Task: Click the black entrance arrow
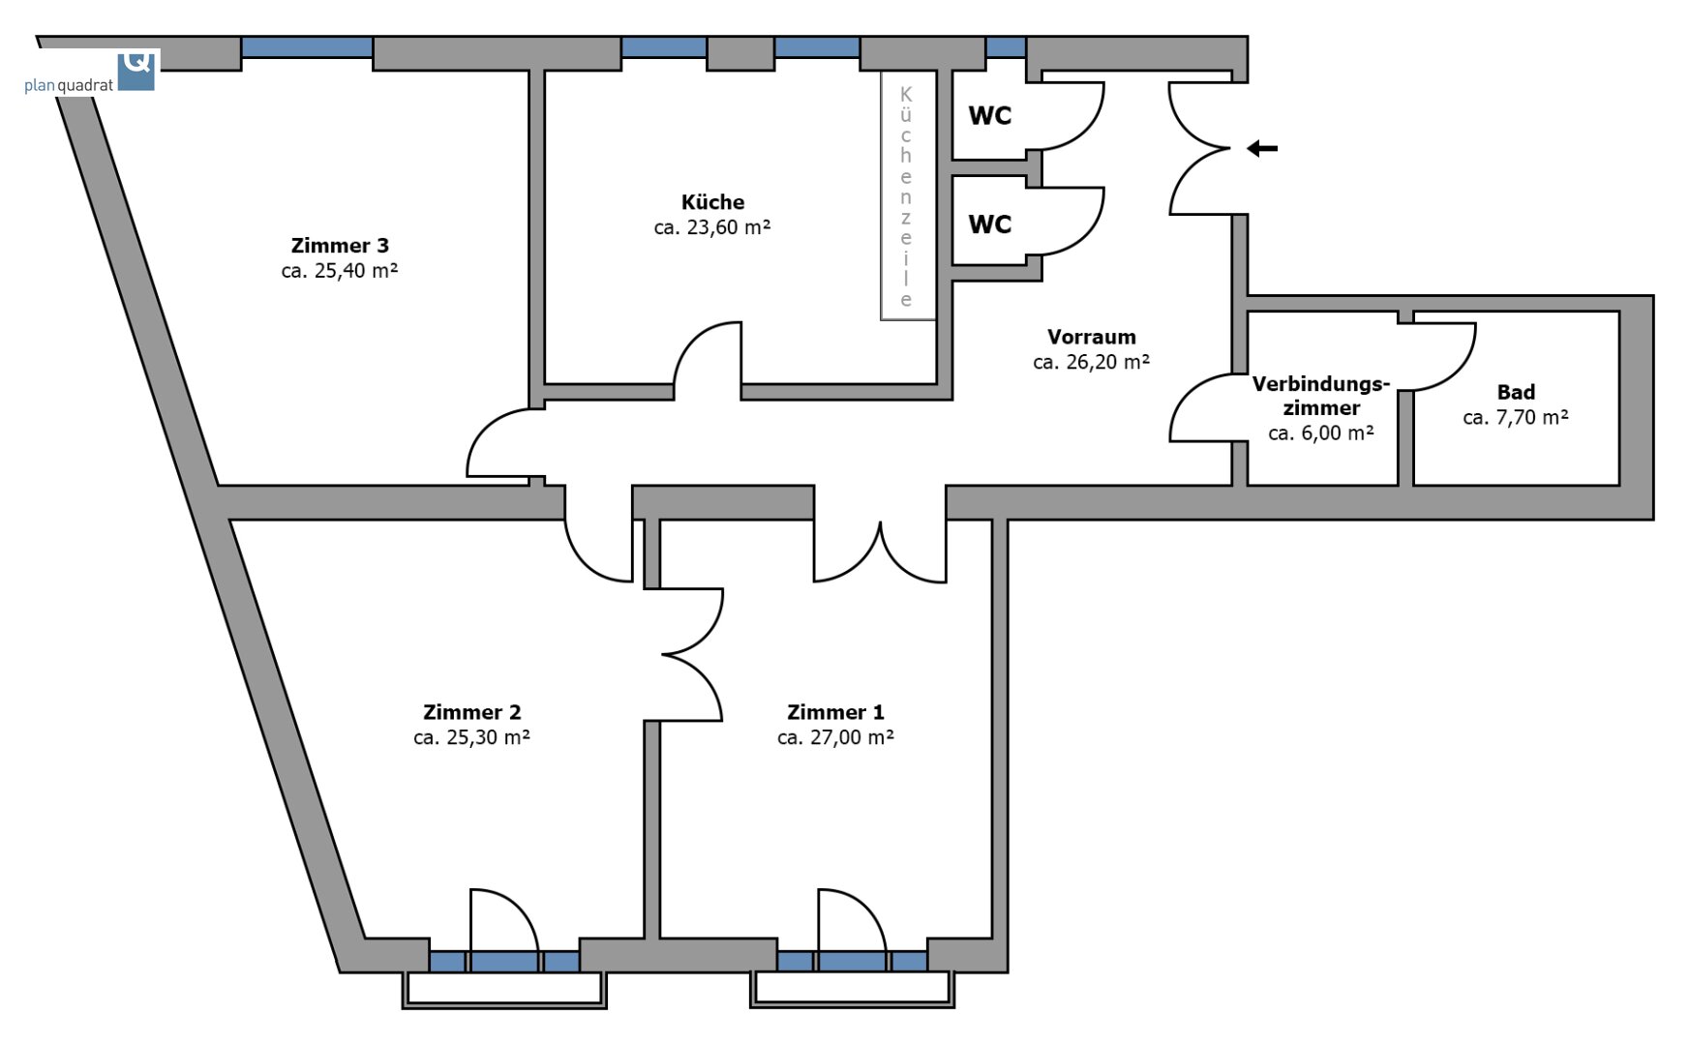tap(1261, 149)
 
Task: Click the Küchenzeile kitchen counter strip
tap(907, 195)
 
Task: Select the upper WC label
tap(990, 116)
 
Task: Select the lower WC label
tap(990, 224)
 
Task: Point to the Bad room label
tap(1516, 392)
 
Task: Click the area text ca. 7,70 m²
tap(1516, 417)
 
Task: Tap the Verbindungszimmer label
tap(1321, 396)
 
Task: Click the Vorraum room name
tap(1092, 337)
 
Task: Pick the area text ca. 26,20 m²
tap(1092, 362)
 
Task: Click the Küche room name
tap(713, 202)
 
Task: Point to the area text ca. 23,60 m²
tap(712, 227)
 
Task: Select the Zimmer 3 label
tap(340, 246)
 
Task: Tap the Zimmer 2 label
tap(472, 712)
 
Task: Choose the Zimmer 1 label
tap(835, 712)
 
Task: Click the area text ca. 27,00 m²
tap(835, 737)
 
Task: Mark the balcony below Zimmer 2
tap(504, 990)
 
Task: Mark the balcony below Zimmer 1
tap(852, 990)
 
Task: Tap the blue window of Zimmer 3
tap(307, 47)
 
